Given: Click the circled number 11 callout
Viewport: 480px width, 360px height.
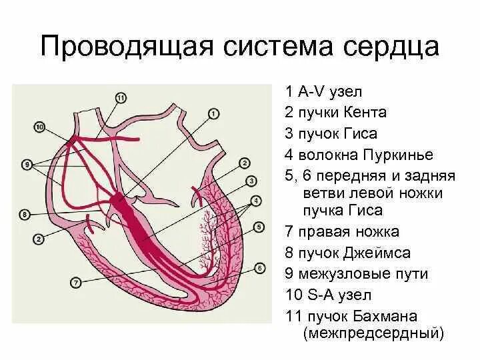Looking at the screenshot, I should [121, 98].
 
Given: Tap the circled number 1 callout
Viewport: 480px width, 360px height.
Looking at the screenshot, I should [214, 114].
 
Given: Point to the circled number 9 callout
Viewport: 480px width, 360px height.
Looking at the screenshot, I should [27, 165].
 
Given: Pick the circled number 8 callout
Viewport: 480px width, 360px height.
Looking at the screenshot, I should [25, 215].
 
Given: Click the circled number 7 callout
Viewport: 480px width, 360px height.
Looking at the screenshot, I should [76, 282].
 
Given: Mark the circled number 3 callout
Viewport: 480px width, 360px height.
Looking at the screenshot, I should [251, 181].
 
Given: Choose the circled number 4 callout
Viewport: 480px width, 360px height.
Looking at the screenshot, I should [257, 201].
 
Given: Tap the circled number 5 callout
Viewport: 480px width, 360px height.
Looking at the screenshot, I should [259, 227].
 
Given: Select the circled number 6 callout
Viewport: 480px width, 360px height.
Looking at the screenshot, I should [259, 267].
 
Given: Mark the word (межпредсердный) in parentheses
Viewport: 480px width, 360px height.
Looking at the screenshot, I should [373, 333].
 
